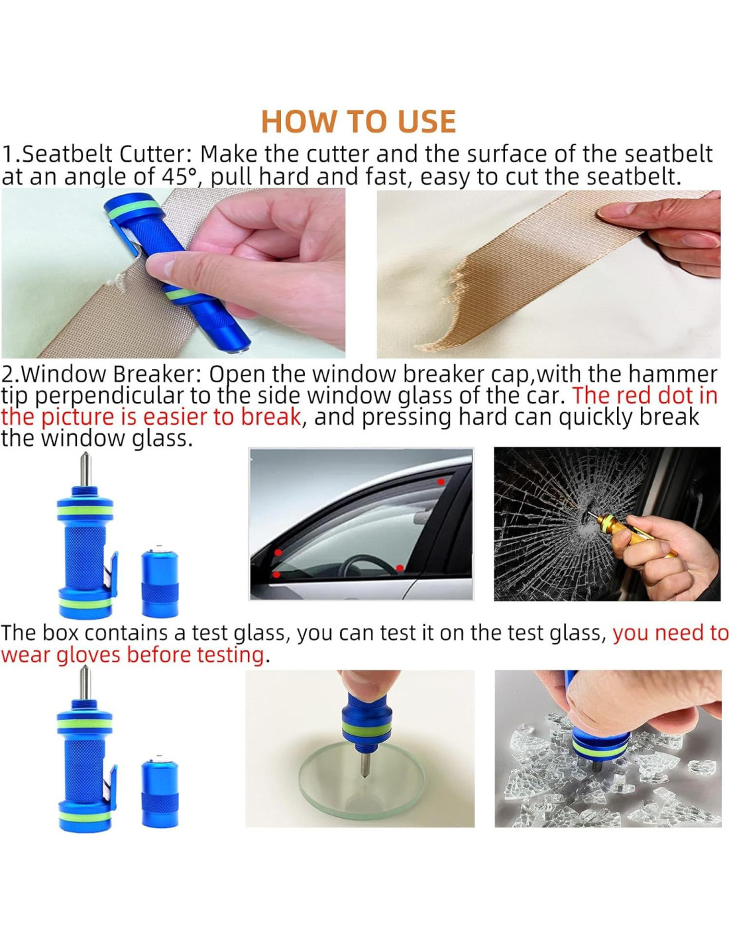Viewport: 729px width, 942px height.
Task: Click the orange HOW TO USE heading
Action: click(x=359, y=122)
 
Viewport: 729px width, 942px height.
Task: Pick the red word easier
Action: click(x=175, y=417)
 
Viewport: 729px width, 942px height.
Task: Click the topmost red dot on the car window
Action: click(x=441, y=482)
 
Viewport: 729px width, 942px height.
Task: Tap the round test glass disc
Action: click(x=361, y=783)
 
